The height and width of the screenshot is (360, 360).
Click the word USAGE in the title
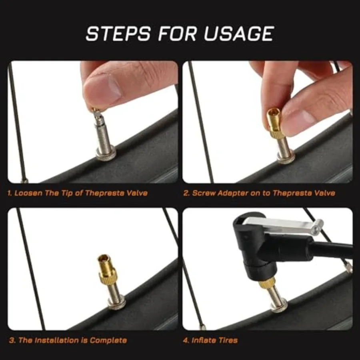pyautogui.click(x=239, y=34)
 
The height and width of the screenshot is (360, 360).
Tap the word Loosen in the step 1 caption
pyautogui.click(x=28, y=193)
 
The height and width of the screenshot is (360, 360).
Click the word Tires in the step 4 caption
pyautogui.click(x=228, y=340)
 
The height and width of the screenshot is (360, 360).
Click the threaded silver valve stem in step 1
pyautogui.click(x=100, y=136)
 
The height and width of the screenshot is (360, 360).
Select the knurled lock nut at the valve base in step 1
pyautogui.click(x=106, y=154)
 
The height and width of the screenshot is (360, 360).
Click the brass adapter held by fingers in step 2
pyautogui.click(x=274, y=122)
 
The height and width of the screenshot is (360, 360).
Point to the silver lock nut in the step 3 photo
pyautogui.click(x=116, y=302)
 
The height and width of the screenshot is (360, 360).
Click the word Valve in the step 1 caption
pyautogui.click(x=137, y=193)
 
